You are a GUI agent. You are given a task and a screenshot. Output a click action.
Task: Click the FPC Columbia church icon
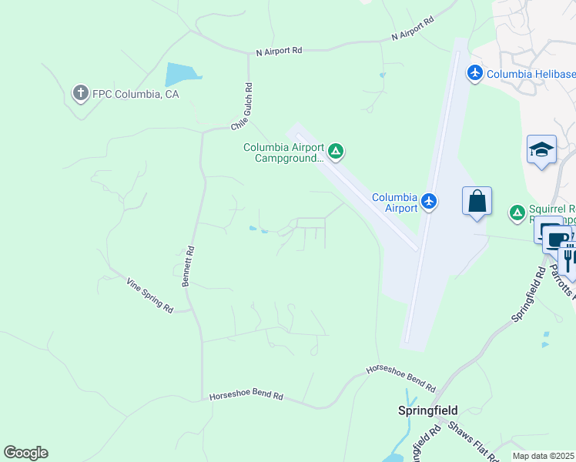[x=80, y=94]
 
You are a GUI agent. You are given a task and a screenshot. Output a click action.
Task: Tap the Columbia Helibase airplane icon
[x=474, y=73]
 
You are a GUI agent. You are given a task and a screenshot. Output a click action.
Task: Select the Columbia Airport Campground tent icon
[x=336, y=151]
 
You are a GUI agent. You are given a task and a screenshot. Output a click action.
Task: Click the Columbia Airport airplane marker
[x=429, y=203]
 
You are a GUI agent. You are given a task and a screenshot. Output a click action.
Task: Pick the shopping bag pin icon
[x=477, y=201]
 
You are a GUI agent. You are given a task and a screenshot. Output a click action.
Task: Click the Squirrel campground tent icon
[x=517, y=211]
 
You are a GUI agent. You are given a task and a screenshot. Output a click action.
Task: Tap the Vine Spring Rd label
[x=150, y=295]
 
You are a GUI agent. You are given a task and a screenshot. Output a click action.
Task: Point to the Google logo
[x=25, y=453]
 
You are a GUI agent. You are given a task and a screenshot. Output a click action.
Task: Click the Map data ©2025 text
[x=542, y=456]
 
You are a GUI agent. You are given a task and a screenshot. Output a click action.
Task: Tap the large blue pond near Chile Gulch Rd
[x=182, y=75]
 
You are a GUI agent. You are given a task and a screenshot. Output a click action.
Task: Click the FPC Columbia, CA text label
[x=136, y=94]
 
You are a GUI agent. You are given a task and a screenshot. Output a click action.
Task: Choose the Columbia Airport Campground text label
[x=283, y=152]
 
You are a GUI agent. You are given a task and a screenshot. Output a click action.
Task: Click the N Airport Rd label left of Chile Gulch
[x=280, y=50]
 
